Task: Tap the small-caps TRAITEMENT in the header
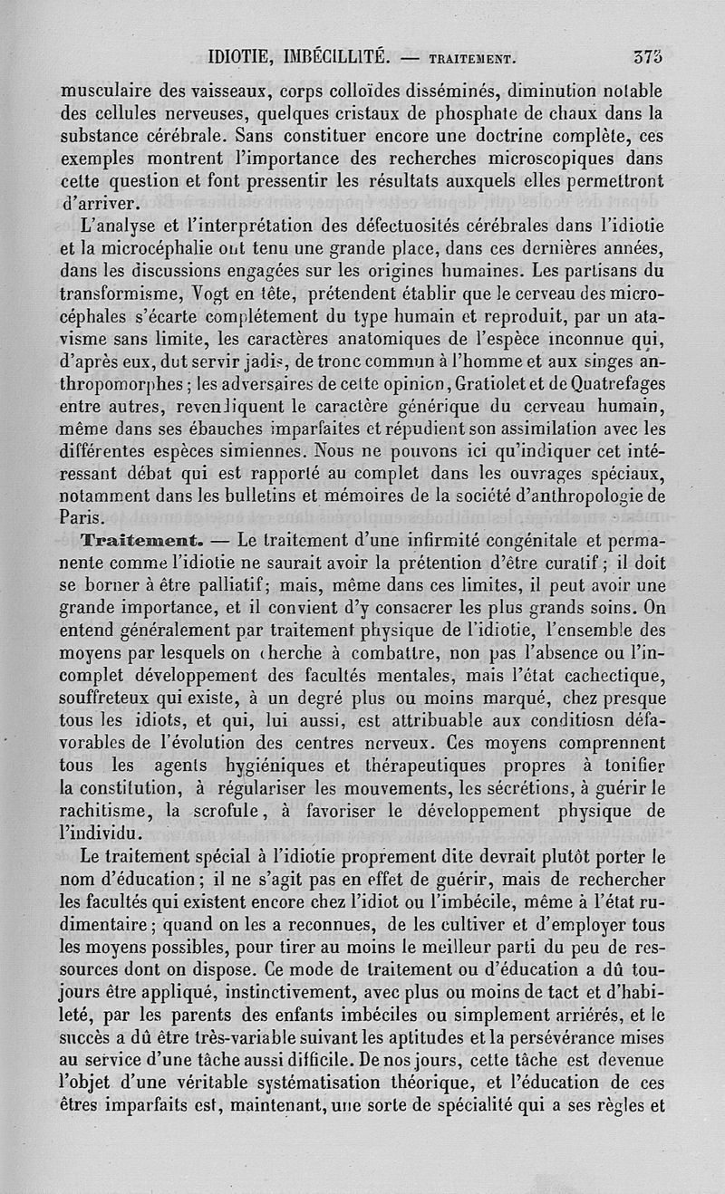tap(471, 62)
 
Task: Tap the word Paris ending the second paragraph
tap(82, 519)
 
